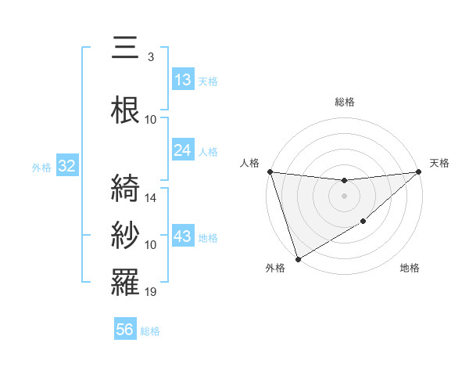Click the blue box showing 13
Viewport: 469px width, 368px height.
point(183,80)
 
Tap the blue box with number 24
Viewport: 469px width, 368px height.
point(183,150)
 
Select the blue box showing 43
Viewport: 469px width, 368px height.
point(183,236)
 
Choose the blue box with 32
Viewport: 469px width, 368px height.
point(66,166)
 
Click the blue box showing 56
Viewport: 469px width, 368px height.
point(125,330)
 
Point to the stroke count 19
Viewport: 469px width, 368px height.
point(152,292)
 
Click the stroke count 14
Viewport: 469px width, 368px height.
point(152,198)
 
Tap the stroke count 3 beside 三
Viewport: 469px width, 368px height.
point(151,57)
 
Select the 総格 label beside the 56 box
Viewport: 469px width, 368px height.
point(151,331)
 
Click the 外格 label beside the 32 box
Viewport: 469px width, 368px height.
point(41,167)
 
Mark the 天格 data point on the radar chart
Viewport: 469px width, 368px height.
point(418,171)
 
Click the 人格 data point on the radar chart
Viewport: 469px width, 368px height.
point(270,171)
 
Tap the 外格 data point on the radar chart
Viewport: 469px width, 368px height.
point(298,258)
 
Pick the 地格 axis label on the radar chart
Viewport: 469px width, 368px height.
point(410,268)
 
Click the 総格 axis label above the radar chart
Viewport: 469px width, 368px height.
point(345,102)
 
